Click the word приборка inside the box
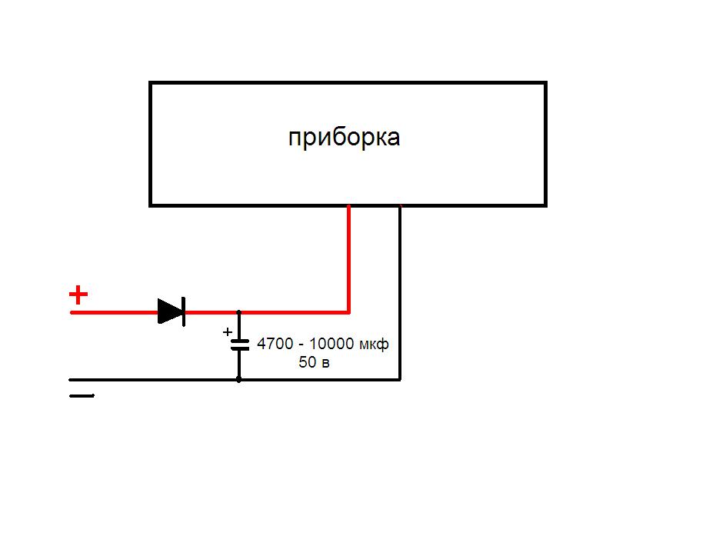point(344,138)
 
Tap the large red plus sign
point(78,294)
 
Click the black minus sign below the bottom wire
point(82,396)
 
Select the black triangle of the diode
point(169,311)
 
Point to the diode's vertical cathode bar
point(184,311)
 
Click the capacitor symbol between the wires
point(240,345)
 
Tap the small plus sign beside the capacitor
point(227,332)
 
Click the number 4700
point(274,345)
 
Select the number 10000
point(333,345)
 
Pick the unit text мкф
point(375,345)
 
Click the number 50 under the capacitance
point(307,362)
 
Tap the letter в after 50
point(325,363)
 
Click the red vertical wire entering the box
point(349,258)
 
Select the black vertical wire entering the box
point(400,292)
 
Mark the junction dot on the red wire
point(239,312)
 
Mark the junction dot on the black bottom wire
point(239,379)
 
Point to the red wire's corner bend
point(349,312)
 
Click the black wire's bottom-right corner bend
point(400,379)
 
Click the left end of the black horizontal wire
point(72,379)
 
